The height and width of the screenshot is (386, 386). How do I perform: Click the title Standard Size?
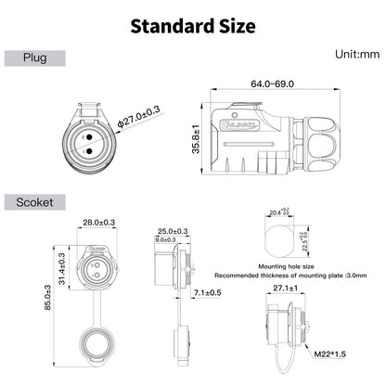coord(192,25)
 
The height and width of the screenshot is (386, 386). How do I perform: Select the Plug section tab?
coord(36,58)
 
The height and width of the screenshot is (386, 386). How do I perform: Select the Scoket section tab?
coord(36,199)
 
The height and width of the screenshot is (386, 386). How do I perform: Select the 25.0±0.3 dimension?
coord(173,230)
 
